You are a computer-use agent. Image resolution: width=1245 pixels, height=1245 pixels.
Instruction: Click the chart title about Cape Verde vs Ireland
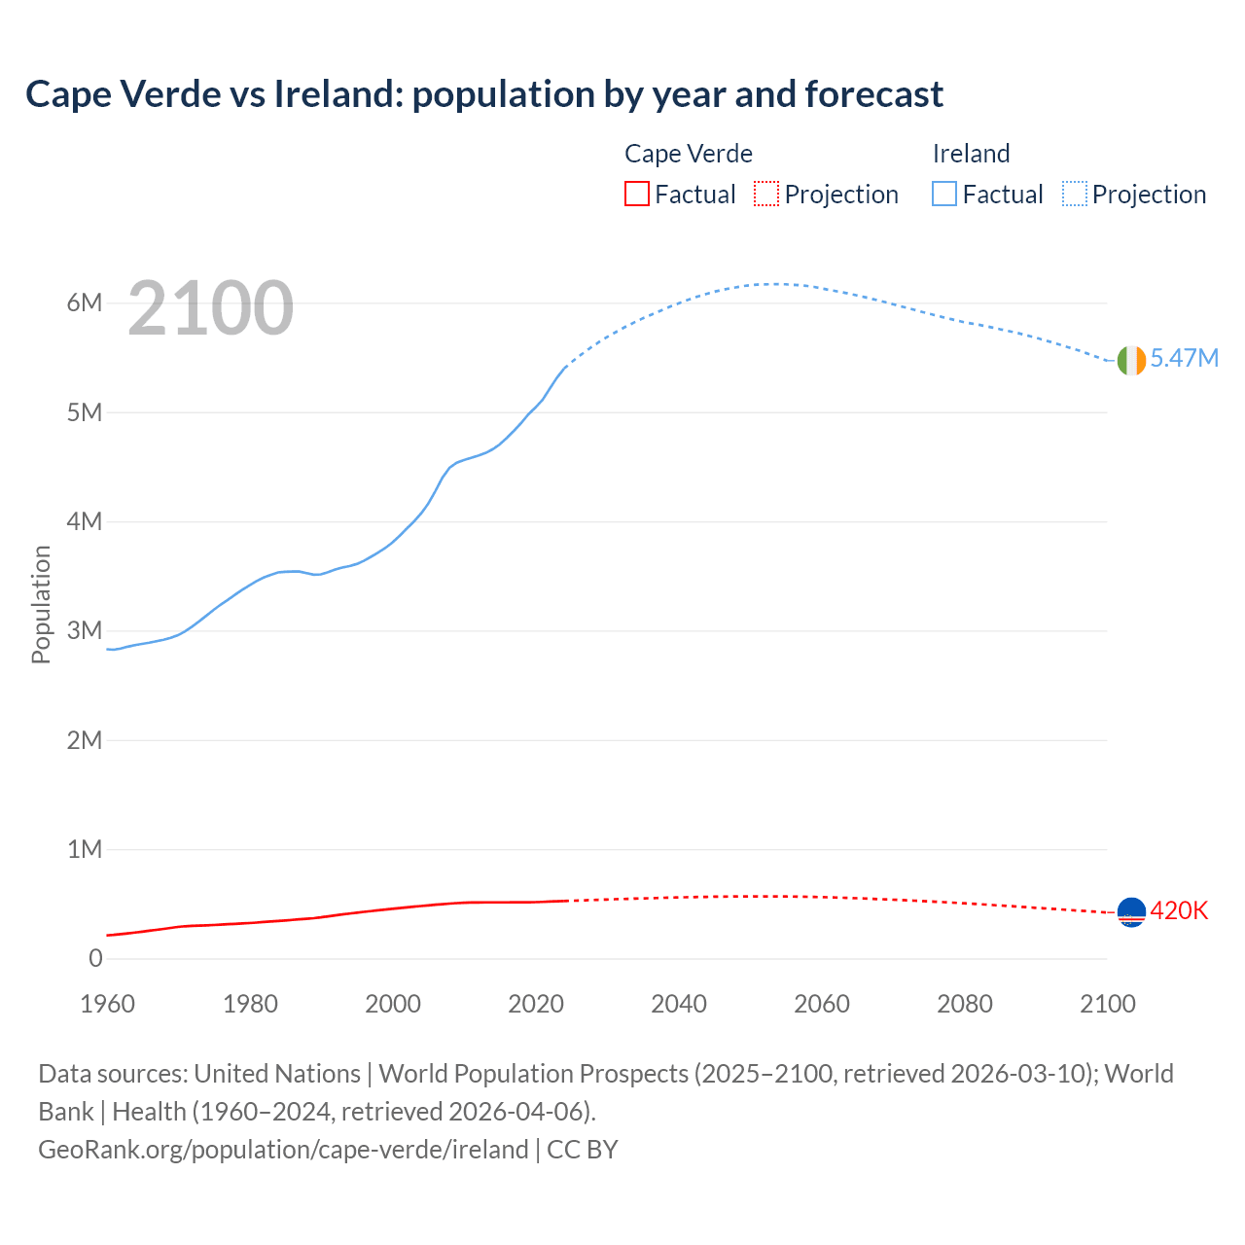(484, 94)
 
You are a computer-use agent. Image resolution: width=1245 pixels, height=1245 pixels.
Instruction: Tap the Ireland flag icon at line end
(1131, 360)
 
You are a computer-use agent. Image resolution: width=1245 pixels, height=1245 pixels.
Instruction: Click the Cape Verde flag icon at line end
(1131, 912)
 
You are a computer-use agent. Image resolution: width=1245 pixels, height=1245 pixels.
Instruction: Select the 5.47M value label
(1184, 359)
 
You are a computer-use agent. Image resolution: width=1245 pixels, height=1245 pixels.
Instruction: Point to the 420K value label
(1179, 911)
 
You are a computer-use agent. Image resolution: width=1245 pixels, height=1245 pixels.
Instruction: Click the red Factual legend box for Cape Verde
(636, 195)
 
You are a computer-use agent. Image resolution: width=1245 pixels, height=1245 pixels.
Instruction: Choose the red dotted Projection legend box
(766, 195)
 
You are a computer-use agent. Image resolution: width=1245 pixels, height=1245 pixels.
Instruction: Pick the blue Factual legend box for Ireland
(944, 195)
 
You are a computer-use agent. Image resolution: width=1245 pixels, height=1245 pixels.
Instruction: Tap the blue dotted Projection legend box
(1075, 195)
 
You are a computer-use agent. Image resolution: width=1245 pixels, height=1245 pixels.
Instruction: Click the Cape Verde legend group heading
(689, 154)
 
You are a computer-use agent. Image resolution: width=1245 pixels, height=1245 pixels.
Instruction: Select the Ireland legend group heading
(971, 154)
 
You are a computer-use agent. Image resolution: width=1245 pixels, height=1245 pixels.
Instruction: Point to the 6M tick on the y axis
(85, 302)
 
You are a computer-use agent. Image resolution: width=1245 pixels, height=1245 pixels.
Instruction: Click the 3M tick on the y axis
(85, 630)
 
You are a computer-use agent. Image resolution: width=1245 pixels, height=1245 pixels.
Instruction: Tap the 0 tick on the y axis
(95, 959)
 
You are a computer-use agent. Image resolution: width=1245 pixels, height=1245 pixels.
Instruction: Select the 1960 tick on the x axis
(108, 1004)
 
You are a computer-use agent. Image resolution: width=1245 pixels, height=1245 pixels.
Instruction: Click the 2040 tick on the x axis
(679, 1004)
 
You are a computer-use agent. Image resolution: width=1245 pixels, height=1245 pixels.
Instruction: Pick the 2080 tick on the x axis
(965, 1004)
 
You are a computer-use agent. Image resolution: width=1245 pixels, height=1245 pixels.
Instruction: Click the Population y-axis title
(41, 604)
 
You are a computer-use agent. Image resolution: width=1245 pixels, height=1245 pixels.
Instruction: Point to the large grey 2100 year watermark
(210, 308)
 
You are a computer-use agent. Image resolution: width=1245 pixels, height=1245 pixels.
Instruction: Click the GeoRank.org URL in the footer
(283, 1150)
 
